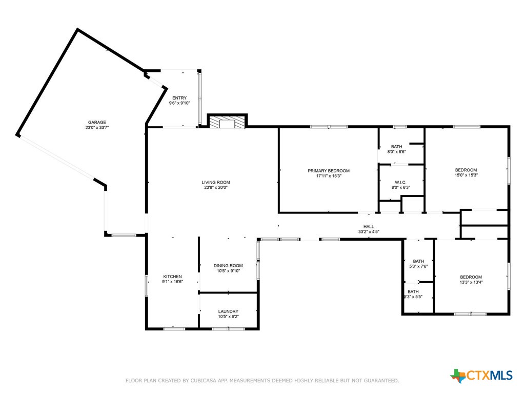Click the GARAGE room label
click(x=96, y=122)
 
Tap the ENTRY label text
click(x=179, y=97)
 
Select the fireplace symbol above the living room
click(x=227, y=123)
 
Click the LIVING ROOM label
click(x=215, y=182)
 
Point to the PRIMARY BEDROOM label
click(x=329, y=171)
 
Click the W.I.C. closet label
click(x=400, y=182)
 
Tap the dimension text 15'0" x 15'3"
click(x=466, y=175)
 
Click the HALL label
click(x=369, y=226)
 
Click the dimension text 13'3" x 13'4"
click(x=471, y=282)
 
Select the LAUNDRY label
click(x=228, y=311)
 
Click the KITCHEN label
click(x=172, y=277)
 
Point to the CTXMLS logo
click(x=482, y=376)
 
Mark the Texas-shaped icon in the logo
click(x=457, y=376)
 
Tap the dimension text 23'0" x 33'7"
click(x=96, y=128)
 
